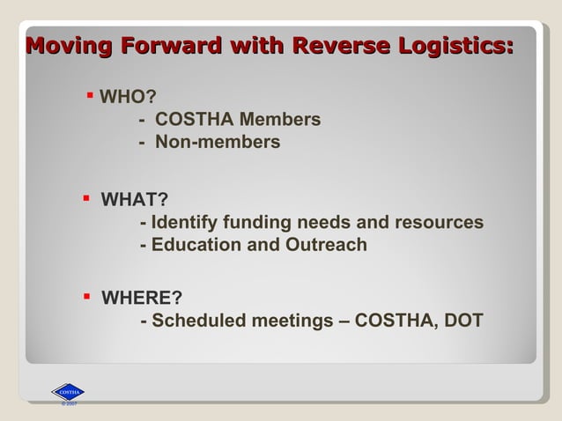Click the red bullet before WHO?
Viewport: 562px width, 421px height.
(x=91, y=92)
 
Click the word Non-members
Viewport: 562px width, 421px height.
(x=218, y=142)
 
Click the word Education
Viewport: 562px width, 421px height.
(x=196, y=245)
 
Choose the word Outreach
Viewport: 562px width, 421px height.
(x=326, y=245)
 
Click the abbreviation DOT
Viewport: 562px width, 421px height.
(x=463, y=321)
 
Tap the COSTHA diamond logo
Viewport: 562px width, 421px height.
(x=68, y=392)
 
